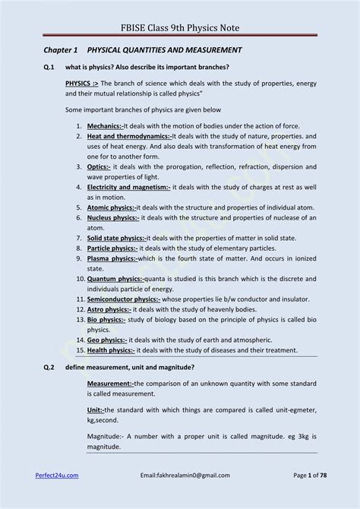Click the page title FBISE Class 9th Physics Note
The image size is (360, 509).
pos(179,28)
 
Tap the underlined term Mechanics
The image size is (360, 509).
pos(105,125)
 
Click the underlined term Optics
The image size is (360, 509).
pos(99,166)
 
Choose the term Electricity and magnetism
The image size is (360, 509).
pos(128,187)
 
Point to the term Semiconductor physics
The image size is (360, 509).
pos(123,299)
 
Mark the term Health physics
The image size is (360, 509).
pos(111,350)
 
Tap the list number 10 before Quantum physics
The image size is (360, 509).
pos(81,279)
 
